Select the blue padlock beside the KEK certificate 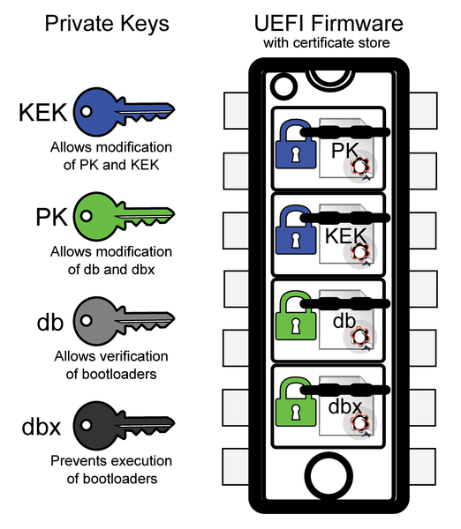pyautogui.click(x=296, y=230)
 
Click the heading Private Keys pyautogui.click(x=107, y=25)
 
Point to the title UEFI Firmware pyautogui.click(x=329, y=23)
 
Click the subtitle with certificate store pyautogui.click(x=327, y=43)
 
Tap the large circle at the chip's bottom pyautogui.click(x=329, y=477)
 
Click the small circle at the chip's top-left pyautogui.click(x=283, y=86)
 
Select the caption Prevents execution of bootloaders pyautogui.click(x=111, y=470)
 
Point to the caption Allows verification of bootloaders pyautogui.click(x=111, y=365)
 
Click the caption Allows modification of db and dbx pyautogui.click(x=111, y=260)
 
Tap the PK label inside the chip pyautogui.click(x=344, y=151)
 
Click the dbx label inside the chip pyautogui.click(x=345, y=406)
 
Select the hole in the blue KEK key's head pyautogui.click(x=87, y=111)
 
